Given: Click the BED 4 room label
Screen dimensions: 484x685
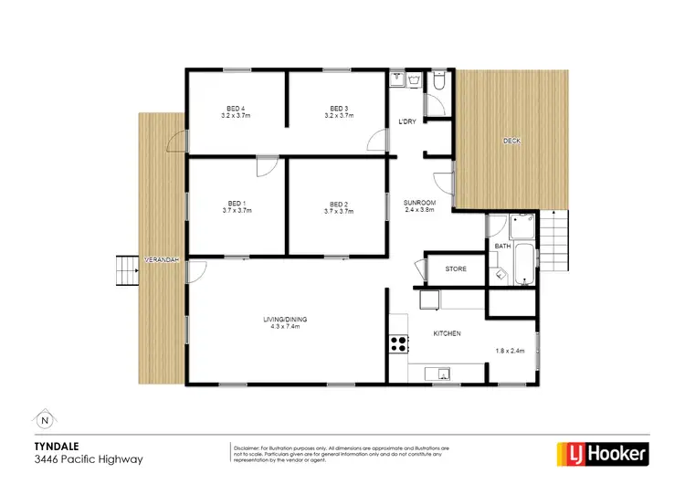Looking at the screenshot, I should point(237,109).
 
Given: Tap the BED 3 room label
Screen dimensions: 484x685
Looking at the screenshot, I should point(341,109).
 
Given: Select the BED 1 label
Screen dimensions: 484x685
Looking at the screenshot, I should point(237,204).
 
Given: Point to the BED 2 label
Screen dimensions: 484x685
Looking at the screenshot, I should point(339,204).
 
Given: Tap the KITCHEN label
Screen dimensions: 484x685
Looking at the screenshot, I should point(447,334).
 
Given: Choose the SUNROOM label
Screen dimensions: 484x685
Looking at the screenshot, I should point(420,202).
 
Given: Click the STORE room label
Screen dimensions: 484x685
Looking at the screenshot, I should point(456,269).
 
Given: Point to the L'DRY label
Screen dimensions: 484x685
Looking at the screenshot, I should point(407,122).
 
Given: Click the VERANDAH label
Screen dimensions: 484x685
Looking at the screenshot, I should point(162,260).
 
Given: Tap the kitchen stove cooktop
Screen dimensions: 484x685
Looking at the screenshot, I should point(398,343).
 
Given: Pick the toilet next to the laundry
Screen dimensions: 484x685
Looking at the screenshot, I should point(439,84).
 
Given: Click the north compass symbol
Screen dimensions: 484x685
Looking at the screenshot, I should point(45,421).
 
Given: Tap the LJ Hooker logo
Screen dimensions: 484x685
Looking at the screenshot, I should point(603,452).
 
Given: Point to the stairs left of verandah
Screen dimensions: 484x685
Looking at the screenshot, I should point(124,270).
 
